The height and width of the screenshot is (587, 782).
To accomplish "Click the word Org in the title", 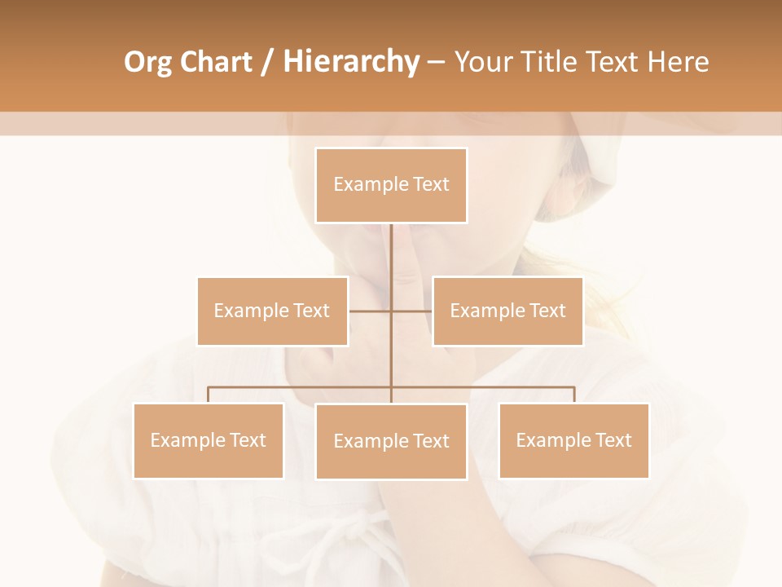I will click(149, 62).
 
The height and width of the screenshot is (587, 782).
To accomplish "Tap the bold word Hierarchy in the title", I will click(350, 62).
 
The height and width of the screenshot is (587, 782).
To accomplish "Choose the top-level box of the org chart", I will click(391, 185).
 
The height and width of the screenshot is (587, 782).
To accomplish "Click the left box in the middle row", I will click(272, 311).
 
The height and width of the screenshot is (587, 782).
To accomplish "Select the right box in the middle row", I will click(507, 311).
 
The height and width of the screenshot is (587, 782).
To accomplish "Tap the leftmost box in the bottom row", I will click(208, 440).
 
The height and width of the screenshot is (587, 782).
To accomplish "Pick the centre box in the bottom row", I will click(391, 441).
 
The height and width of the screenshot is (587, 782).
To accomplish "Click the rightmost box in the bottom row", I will click(573, 440).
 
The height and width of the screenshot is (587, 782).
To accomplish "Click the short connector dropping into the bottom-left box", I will click(208, 395).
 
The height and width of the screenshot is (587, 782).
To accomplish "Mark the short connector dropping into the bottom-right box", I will click(573, 395).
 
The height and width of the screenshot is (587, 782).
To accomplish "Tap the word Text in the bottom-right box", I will click(613, 440).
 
